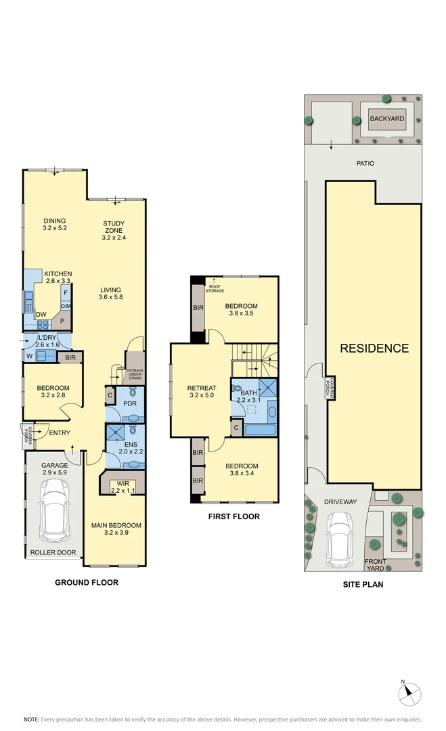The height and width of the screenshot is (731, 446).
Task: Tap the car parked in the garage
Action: coord(55,510)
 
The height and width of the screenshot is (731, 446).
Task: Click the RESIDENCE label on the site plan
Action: coord(374,349)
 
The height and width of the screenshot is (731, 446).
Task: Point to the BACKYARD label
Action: coord(387,118)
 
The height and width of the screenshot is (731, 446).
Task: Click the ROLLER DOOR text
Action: coord(53,552)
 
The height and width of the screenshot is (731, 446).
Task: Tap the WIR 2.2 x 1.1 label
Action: coord(123,487)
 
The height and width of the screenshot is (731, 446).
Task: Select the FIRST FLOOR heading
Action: coord(234,516)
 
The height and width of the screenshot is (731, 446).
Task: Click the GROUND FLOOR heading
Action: coord(87,582)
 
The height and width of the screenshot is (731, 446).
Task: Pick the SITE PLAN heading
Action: coord(363,584)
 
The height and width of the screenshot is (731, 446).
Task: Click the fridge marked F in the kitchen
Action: coord(66,293)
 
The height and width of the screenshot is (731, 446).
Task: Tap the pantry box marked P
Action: coord(62,322)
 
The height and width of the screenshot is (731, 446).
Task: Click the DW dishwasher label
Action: coord(41,315)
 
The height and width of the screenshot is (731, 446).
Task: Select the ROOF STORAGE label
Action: coord(215,289)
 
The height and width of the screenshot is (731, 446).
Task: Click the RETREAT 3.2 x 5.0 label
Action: coord(202,391)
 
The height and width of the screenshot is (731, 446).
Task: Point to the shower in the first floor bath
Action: coord(267,388)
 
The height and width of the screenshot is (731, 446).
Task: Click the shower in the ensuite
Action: coord(114,432)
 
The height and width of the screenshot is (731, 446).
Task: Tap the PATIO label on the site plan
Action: coord(365,163)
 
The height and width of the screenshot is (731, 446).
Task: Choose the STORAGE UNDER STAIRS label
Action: coord(135,374)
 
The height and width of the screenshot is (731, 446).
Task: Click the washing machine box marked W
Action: coord(29,357)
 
